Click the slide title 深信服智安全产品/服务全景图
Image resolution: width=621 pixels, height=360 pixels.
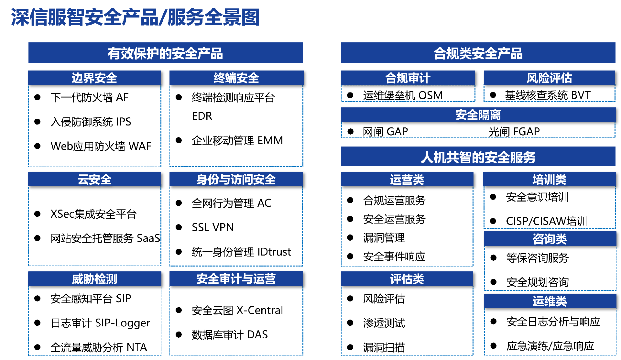[135, 17]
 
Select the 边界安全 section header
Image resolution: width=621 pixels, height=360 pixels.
[94, 78]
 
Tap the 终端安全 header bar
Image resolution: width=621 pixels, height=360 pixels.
[236, 78]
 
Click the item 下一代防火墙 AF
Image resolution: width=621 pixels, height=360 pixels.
[89, 97]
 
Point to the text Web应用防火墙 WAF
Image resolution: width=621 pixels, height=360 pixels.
[101, 146]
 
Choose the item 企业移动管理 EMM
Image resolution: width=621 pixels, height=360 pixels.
[237, 140]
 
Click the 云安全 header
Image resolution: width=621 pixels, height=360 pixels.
[94, 180]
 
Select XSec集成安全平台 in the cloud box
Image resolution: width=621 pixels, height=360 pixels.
[93, 214]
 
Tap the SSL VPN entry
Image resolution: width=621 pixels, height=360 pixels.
[212, 227]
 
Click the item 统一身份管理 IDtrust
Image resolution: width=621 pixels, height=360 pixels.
[241, 252]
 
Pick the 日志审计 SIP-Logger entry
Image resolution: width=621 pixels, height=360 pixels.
[100, 323]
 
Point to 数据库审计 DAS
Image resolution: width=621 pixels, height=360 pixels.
[230, 334]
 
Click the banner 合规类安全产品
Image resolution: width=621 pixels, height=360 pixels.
[478, 53]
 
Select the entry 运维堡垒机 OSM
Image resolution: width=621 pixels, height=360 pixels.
[403, 95]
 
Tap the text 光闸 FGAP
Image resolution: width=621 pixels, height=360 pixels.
[514, 132]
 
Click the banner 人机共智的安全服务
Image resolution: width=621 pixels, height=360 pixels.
[478, 157]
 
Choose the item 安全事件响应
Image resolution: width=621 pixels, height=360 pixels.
[394, 256]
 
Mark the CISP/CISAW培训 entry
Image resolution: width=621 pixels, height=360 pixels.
[546, 221]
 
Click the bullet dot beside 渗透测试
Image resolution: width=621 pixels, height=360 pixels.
[350, 323]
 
